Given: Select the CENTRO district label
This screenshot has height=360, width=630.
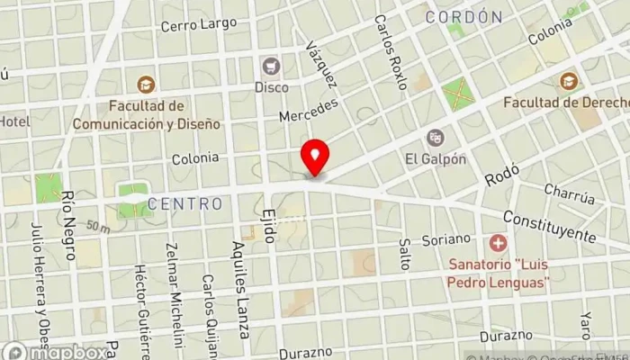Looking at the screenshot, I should pyautogui.click(x=185, y=204).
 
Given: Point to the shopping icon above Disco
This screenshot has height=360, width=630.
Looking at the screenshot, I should pyautogui.click(x=271, y=66).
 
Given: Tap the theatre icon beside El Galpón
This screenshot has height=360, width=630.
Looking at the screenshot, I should pyautogui.click(x=436, y=138).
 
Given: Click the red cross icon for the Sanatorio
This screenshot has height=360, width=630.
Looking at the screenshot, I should pyautogui.click(x=497, y=243).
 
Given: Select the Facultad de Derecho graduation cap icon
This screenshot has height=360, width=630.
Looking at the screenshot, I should pyautogui.click(x=568, y=81).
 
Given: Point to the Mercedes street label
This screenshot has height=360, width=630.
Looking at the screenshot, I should pyautogui.click(x=308, y=112).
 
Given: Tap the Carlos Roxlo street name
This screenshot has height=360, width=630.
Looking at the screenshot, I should pyautogui.click(x=391, y=52).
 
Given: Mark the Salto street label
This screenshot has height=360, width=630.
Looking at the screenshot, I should pyautogui.click(x=404, y=255).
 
